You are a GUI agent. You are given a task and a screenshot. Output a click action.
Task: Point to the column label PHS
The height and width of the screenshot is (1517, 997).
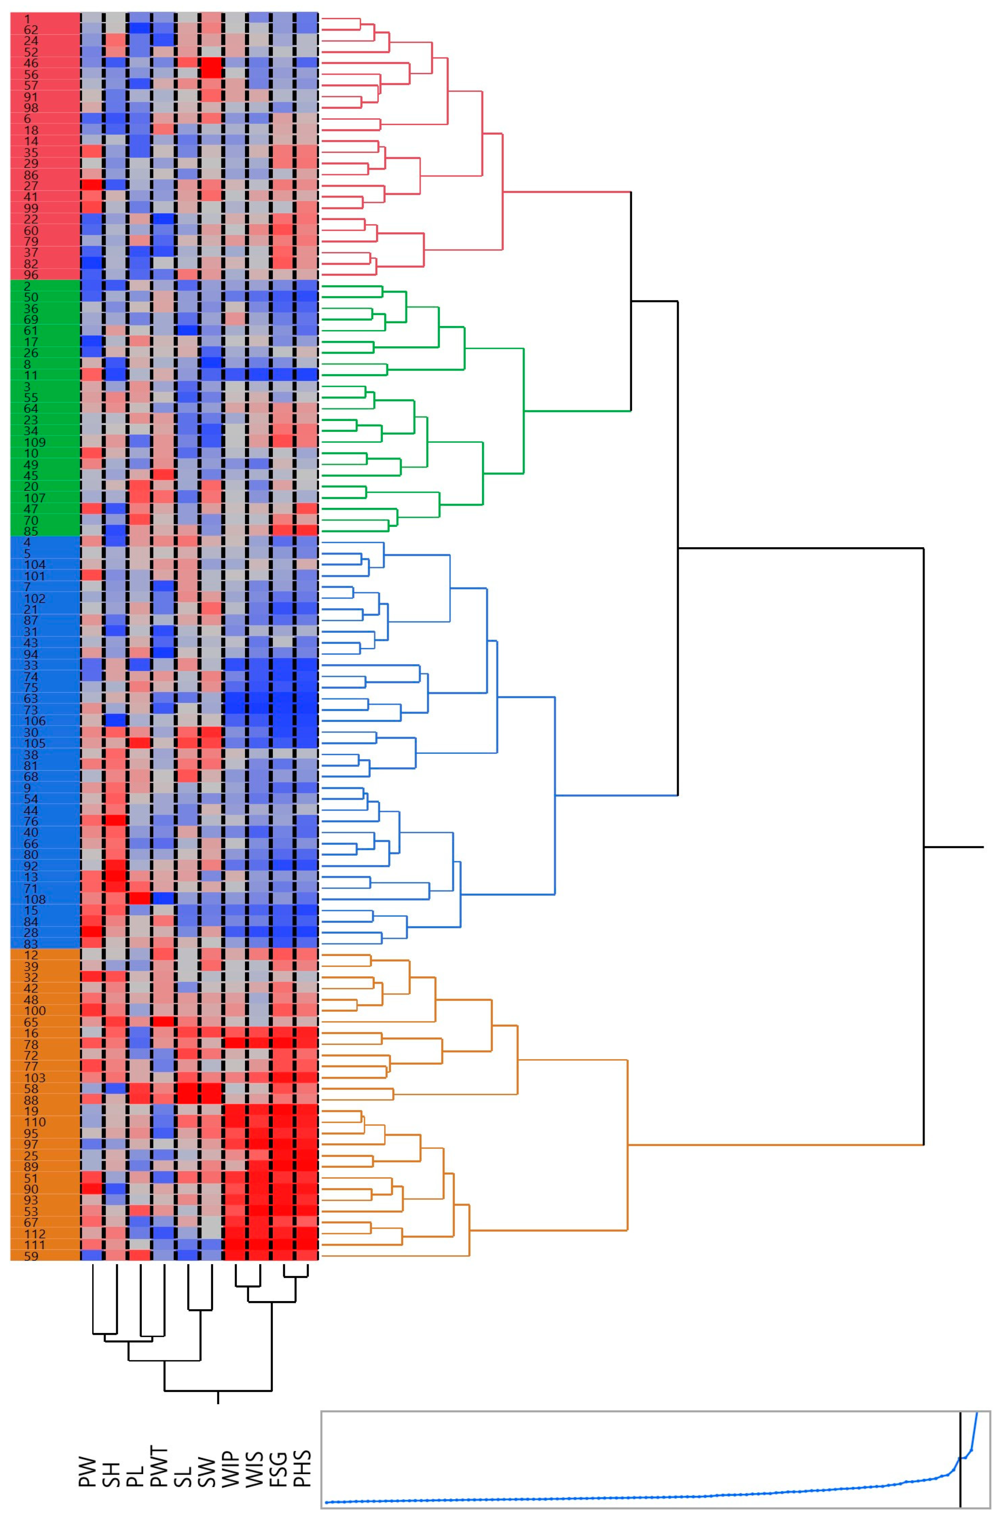(x=302, y=1451)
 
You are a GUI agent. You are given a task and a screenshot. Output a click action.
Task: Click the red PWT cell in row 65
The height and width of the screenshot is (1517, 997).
(x=163, y=1021)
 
